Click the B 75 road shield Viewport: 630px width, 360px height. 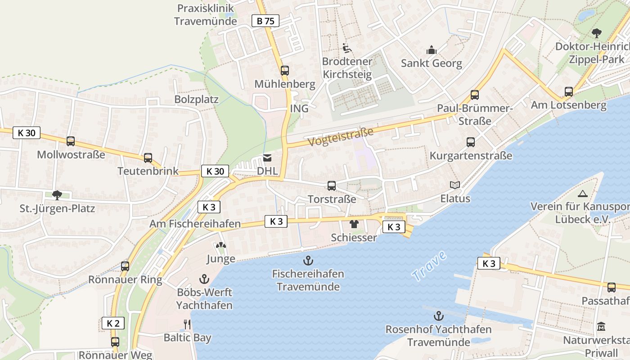(x=265, y=21)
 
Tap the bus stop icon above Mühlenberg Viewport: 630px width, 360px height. (x=285, y=71)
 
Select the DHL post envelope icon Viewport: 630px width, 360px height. (x=267, y=158)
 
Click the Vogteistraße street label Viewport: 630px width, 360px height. (x=341, y=136)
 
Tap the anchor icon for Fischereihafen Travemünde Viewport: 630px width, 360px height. (x=308, y=260)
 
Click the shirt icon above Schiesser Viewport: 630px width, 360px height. (x=354, y=224)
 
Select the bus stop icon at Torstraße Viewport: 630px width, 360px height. (x=332, y=186)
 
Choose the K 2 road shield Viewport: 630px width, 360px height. (x=112, y=323)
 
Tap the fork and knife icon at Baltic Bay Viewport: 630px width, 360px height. (x=187, y=324)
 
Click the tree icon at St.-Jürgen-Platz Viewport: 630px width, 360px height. (x=57, y=195)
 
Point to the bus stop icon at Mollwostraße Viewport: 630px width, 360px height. (x=71, y=141)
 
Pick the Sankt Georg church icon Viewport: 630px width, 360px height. (x=432, y=49)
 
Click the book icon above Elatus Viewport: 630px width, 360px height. (x=455, y=185)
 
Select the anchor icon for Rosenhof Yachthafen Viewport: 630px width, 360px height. (x=438, y=316)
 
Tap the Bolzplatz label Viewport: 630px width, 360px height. (x=197, y=99)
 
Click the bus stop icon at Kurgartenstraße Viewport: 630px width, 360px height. (x=471, y=142)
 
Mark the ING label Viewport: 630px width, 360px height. (x=299, y=108)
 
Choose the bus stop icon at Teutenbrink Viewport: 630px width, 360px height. (x=148, y=158)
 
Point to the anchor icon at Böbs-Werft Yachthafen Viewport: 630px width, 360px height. (x=205, y=279)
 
